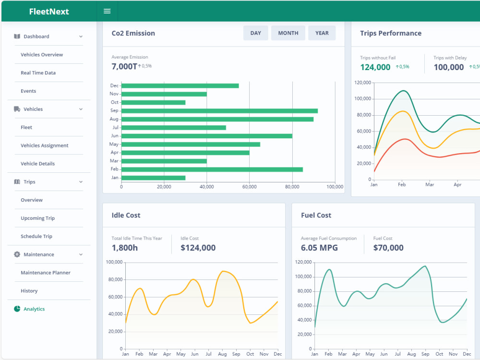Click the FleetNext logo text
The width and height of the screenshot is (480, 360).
tap(49, 12)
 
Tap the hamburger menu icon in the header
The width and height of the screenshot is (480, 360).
tap(107, 11)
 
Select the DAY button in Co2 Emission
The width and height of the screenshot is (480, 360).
tap(256, 33)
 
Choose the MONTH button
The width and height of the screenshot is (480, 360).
tap(288, 33)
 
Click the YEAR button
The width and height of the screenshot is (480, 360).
tap(322, 33)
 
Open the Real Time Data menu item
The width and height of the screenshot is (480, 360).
tap(38, 73)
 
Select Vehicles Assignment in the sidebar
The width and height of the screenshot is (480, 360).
tap(44, 145)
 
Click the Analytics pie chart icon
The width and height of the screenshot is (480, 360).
tap(17, 309)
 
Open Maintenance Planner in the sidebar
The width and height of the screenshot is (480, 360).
tap(46, 273)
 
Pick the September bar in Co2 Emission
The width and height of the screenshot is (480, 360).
tap(219, 111)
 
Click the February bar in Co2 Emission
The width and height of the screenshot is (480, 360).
tap(212, 169)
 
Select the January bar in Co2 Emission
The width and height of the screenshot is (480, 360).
tap(154, 178)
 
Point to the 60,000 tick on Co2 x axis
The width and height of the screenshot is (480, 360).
tap(250, 187)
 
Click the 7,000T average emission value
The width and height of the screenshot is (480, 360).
tap(124, 66)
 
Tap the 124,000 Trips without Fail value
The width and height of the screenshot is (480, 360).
tap(375, 67)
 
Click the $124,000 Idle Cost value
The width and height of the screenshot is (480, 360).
tap(198, 248)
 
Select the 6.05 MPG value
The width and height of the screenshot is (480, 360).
tap(319, 248)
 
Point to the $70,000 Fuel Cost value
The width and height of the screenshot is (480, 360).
tap(388, 248)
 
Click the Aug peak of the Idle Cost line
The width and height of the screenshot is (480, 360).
tap(223, 271)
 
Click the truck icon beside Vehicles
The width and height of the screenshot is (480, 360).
tap(17, 109)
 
